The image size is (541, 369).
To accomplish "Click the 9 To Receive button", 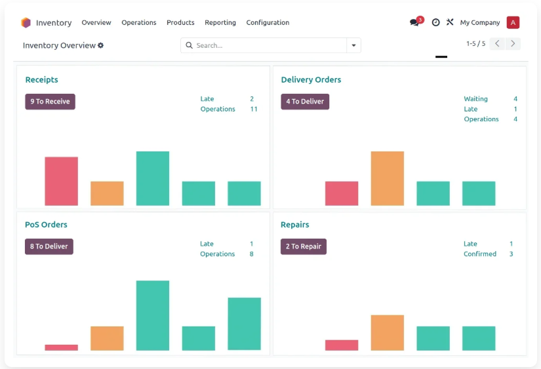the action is tap(50, 102).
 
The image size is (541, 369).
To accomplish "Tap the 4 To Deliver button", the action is tap(305, 102).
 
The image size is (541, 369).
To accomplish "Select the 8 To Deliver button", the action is tap(49, 246).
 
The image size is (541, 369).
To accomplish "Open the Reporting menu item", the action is tap(220, 22).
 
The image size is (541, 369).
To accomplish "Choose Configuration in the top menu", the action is tap(268, 22).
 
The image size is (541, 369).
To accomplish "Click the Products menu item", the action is tap(180, 22).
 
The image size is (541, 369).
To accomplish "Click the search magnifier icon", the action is tap(189, 45).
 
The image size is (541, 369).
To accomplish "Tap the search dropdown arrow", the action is tap(353, 45).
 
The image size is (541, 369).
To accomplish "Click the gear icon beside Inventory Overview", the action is tap(100, 45).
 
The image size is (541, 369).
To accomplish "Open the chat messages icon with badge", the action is tap(416, 22).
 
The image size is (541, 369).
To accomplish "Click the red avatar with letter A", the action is tap(513, 22).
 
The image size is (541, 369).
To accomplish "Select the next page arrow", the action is tap(513, 43).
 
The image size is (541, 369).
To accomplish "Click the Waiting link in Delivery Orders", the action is tap(475, 98).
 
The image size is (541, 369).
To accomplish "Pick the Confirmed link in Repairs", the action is tap(479, 254).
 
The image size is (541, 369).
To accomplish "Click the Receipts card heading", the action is tap(42, 80).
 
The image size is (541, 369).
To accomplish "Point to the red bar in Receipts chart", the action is tap(62, 181).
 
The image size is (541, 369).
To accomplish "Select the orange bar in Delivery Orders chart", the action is tap(388, 178).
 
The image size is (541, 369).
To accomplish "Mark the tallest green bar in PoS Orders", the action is tap(153, 315).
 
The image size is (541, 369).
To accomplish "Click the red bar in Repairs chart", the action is tap(342, 345).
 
